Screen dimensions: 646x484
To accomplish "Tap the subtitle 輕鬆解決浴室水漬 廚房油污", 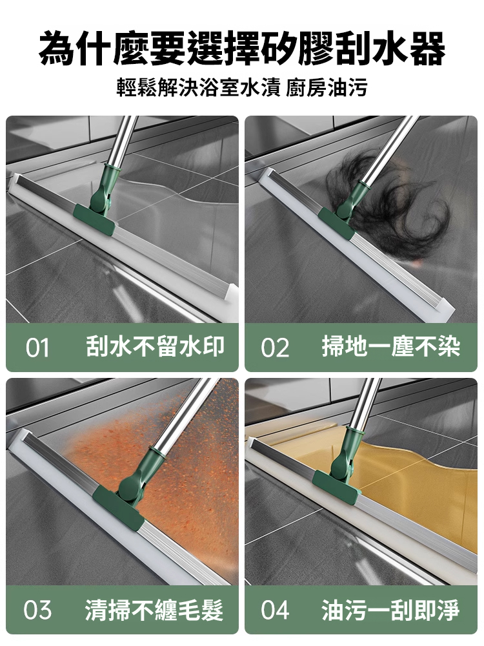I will point(242,87).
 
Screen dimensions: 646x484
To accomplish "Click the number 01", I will point(37,348).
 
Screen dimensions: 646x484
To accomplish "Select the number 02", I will point(275,348).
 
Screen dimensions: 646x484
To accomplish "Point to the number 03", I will point(37,610).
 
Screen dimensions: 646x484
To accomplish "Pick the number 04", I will point(275,610).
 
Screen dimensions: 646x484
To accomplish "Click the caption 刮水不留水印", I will point(156,347).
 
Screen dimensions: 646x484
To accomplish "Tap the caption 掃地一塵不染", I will point(391,347).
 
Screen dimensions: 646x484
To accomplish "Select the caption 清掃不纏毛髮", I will point(154,609).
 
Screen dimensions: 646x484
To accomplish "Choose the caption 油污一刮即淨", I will point(391,609).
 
